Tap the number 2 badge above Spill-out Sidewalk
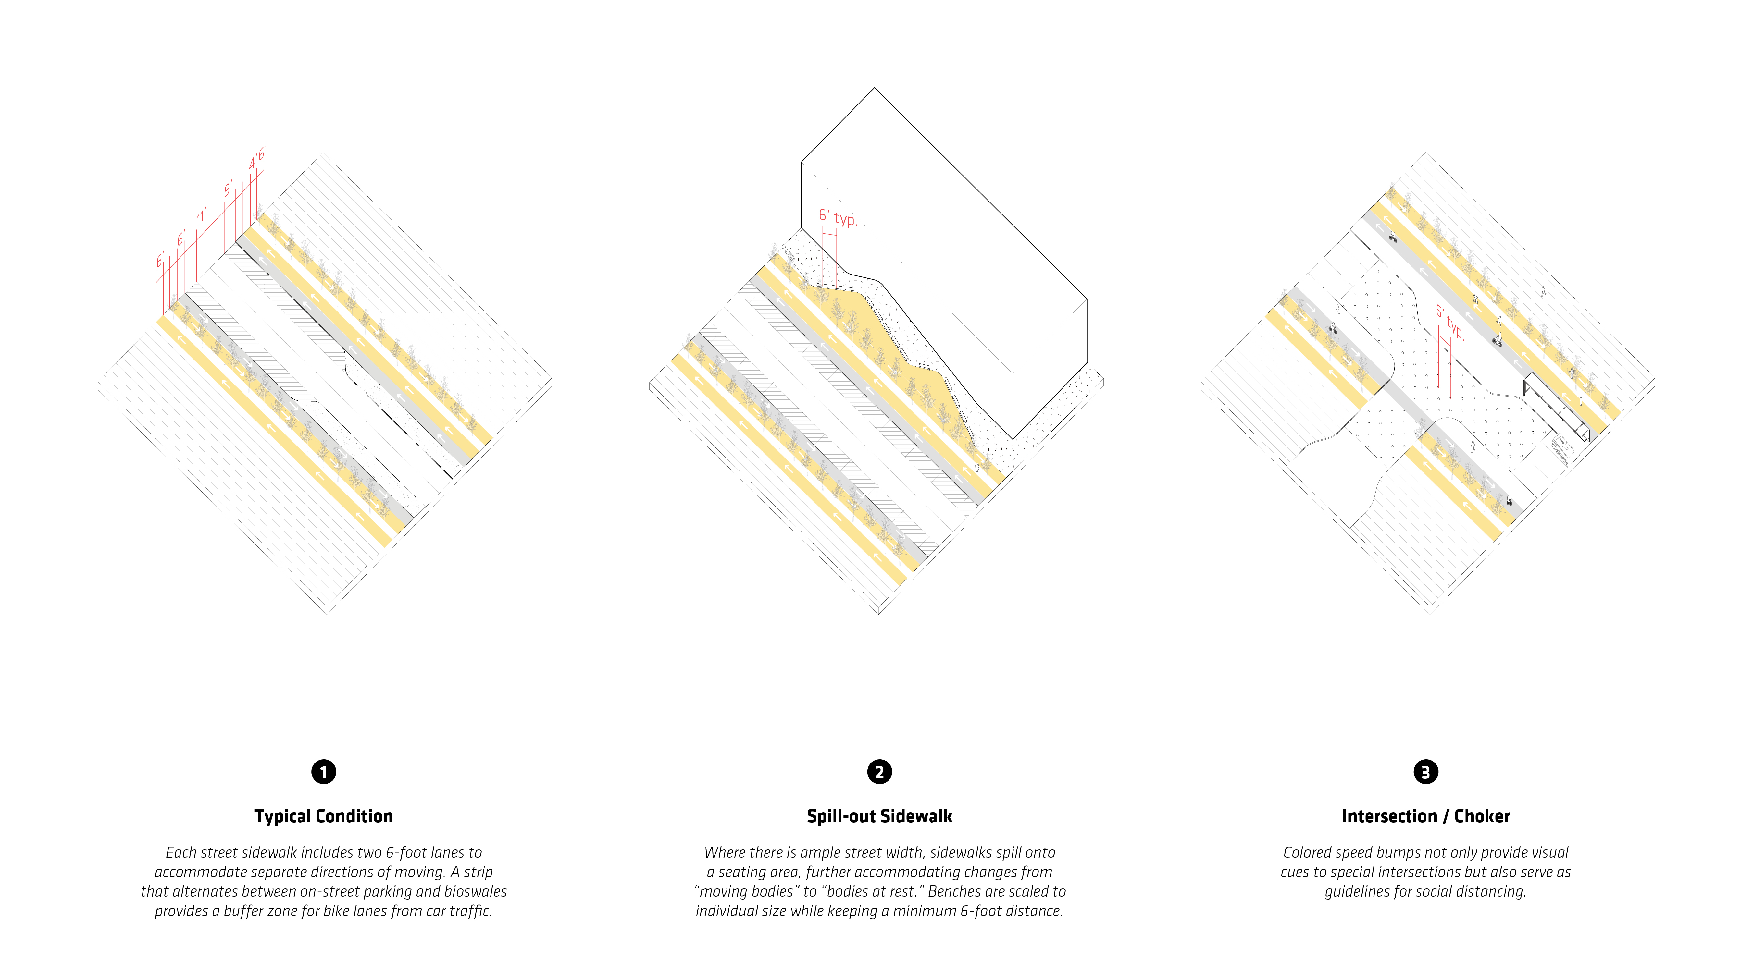click(879, 772)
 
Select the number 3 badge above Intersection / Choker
click(1426, 772)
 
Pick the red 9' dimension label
click(229, 189)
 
